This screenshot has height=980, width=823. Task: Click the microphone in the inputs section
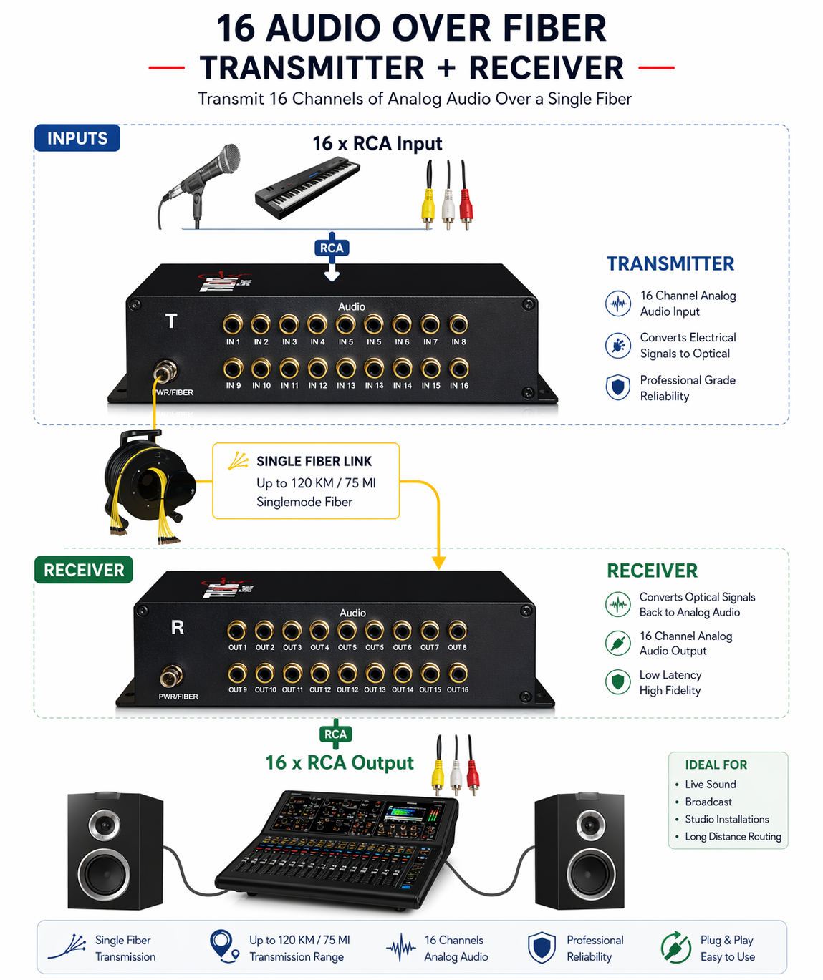coord(205,179)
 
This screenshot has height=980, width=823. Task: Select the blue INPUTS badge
coord(77,138)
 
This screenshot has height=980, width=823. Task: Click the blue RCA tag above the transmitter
coord(332,248)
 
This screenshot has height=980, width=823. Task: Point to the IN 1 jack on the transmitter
coord(233,325)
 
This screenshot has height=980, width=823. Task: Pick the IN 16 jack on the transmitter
coord(459,369)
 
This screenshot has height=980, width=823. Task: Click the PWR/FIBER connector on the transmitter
coord(165,372)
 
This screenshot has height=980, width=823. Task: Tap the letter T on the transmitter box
coord(171,321)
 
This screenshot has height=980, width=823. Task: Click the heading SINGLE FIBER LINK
coord(314,462)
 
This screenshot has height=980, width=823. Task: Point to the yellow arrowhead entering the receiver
coord(439,563)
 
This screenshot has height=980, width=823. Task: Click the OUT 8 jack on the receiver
coord(457,631)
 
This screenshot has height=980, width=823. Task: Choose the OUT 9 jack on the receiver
coord(237,673)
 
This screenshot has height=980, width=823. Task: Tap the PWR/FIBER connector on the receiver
coord(171,675)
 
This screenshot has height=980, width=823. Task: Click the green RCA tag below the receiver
coord(335,734)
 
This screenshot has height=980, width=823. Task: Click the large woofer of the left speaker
coord(105,874)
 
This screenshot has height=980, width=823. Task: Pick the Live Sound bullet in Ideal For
coord(710,785)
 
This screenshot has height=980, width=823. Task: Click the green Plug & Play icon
coord(675,947)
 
